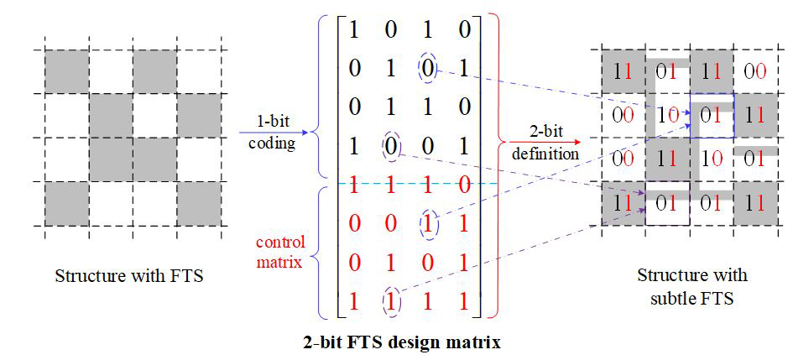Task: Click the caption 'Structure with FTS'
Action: [x=129, y=275]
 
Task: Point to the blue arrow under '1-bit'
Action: [x=274, y=132]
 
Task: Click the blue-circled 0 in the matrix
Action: [x=427, y=68]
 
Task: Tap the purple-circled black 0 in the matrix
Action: [x=389, y=144]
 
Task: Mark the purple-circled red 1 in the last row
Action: [x=389, y=300]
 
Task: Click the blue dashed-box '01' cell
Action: [x=711, y=115]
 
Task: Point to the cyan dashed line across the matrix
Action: [x=420, y=183]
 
